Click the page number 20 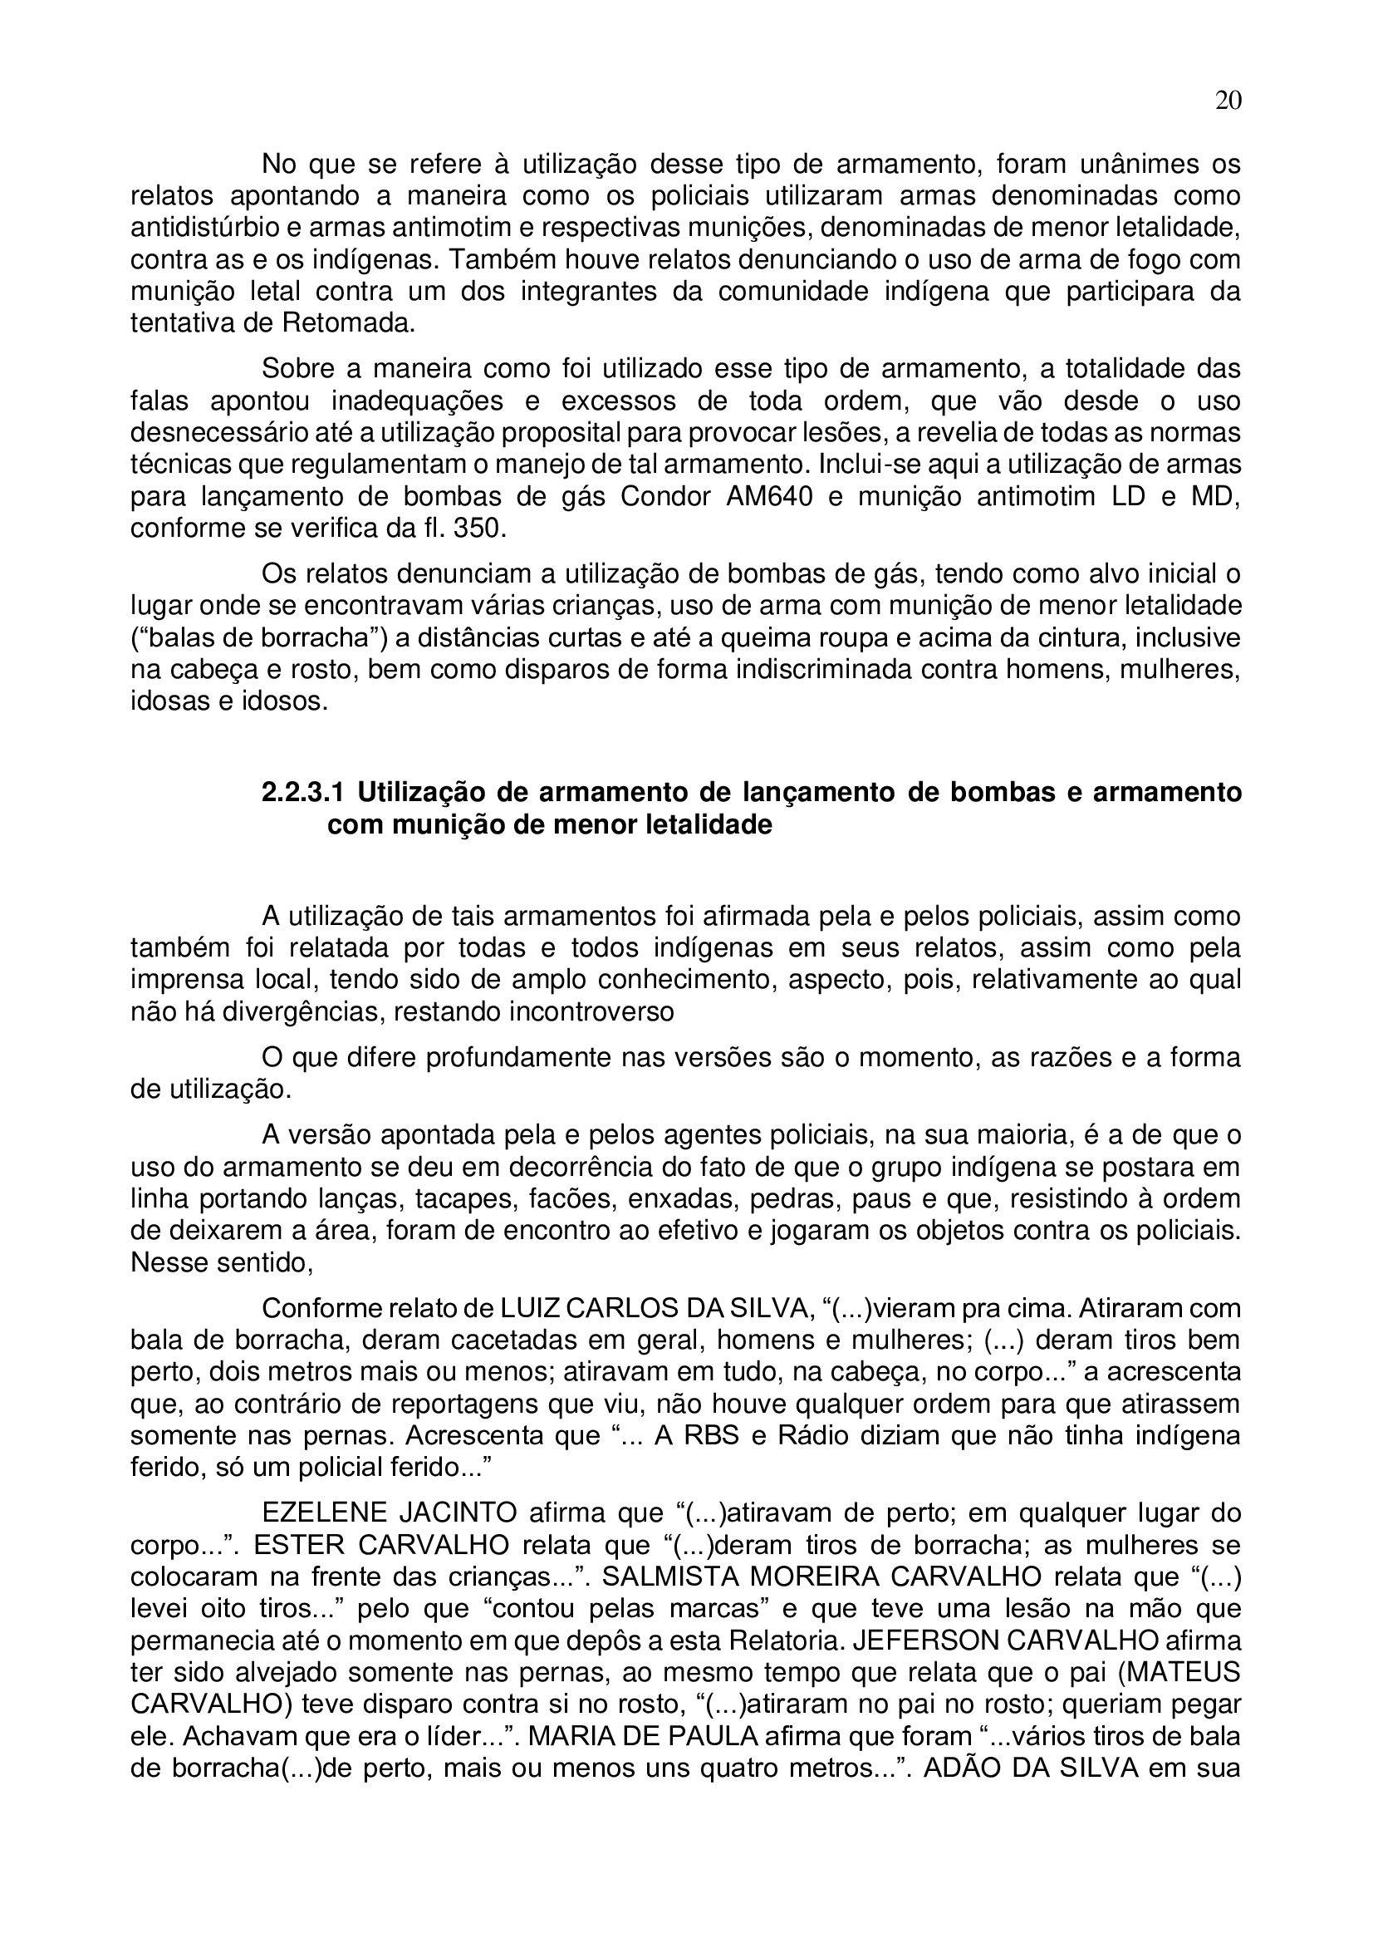tap(1228, 101)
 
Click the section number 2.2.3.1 tap(303, 793)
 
